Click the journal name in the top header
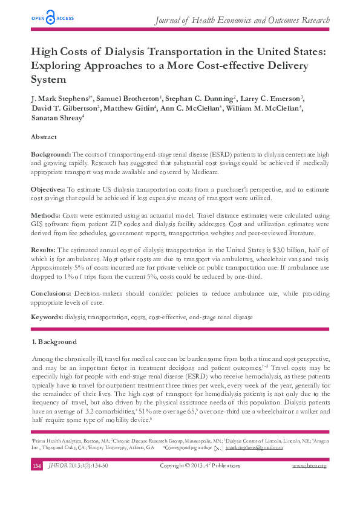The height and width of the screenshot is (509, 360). coord(242,21)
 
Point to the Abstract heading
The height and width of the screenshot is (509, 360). coord(44,137)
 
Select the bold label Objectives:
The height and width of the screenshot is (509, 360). coord(48,190)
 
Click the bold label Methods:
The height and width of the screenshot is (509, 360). coord(46,215)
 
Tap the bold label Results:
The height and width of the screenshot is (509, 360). coord(44,249)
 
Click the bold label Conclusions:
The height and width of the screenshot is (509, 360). coord(51,293)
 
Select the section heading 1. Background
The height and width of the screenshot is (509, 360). coord(54,342)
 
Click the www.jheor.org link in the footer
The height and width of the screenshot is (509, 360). coord(309,466)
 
